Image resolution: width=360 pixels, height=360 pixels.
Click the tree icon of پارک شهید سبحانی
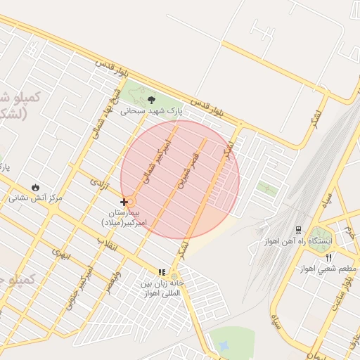(150, 99)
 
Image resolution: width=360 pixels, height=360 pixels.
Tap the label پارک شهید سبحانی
(150, 110)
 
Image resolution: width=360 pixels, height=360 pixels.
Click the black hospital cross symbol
(124, 202)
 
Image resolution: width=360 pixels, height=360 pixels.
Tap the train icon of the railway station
(298, 230)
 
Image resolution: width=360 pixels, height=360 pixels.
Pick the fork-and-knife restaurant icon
(328, 258)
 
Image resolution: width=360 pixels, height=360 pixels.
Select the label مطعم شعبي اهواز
(328, 269)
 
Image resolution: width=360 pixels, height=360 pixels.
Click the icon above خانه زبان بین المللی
(162, 272)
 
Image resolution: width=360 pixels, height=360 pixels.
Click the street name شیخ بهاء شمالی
(101, 117)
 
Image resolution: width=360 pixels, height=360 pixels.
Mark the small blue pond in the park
(224, 346)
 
